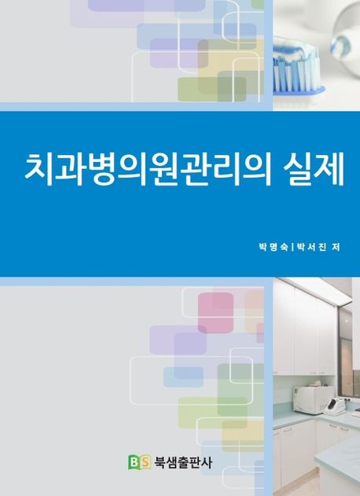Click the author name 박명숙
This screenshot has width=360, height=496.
pyautogui.click(x=273, y=247)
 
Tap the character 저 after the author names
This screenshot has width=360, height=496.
pyautogui.click(x=335, y=247)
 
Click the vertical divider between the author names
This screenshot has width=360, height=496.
pyautogui.click(x=291, y=247)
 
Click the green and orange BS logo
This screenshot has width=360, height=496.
pyautogui.click(x=138, y=463)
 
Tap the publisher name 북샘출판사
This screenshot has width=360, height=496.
pyautogui.click(x=182, y=463)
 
